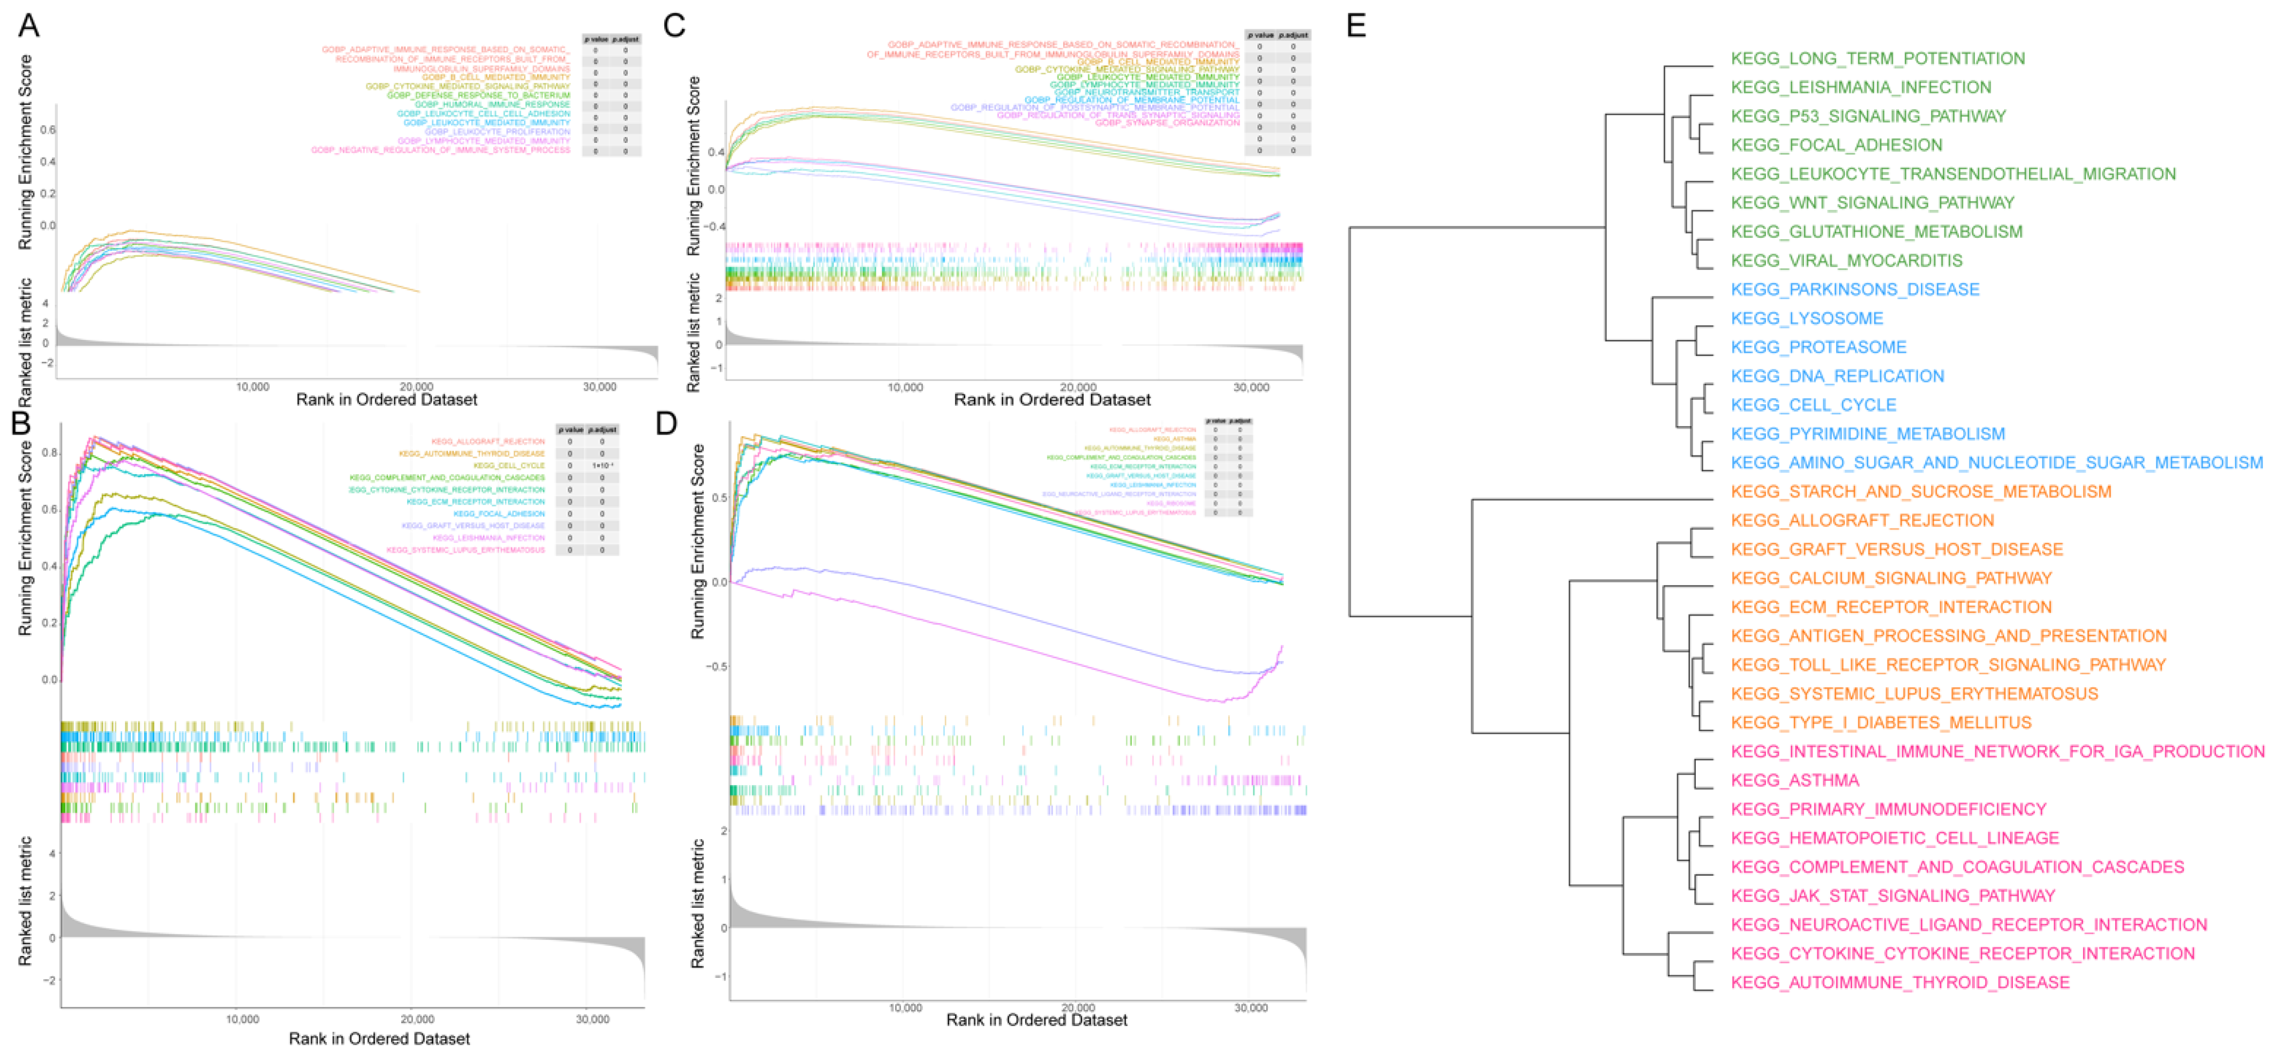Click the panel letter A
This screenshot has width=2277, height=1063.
tap(28, 26)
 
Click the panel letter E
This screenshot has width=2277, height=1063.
tap(1356, 26)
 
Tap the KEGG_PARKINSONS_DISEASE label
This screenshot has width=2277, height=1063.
tap(1854, 290)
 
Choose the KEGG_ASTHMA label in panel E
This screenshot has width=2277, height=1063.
tap(1794, 780)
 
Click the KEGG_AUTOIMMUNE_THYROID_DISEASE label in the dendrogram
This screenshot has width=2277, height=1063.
tap(1899, 983)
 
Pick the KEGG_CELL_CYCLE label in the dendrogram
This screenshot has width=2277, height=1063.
tap(1813, 405)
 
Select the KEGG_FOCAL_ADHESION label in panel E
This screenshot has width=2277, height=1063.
tap(1836, 145)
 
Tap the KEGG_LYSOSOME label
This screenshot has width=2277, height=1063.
tap(1807, 318)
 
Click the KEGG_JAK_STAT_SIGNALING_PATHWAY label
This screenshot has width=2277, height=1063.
tap(1892, 896)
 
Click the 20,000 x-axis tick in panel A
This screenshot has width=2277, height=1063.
tap(416, 387)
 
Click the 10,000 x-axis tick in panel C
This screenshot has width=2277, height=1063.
tap(905, 388)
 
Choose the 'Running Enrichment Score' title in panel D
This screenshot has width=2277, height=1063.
tap(697, 541)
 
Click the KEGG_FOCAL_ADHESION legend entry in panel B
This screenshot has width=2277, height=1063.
tap(499, 513)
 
